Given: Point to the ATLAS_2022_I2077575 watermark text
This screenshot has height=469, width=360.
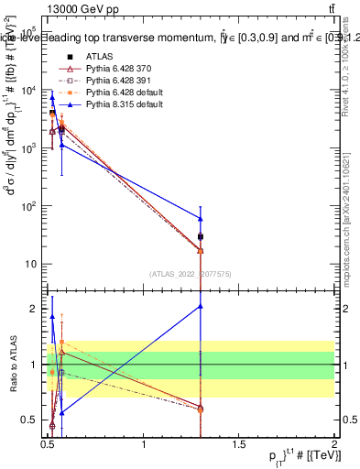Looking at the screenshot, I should click(190, 274).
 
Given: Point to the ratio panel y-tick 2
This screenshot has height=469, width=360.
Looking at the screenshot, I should click(36, 309).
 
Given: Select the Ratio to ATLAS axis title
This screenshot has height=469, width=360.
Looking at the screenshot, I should click(12, 364).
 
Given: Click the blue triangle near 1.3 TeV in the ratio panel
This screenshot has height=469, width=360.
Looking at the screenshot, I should click(201, 307).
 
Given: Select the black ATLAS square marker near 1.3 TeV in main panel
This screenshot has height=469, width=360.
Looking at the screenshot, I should click(201, 236).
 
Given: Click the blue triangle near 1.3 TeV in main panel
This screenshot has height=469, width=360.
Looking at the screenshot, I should click(201, 218).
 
